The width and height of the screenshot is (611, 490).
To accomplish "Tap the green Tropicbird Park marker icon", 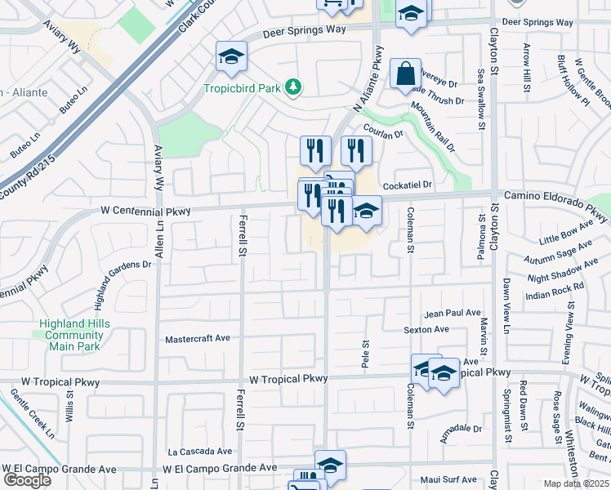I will pos(293,87).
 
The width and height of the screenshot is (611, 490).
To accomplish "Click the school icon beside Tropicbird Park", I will pos(232,57).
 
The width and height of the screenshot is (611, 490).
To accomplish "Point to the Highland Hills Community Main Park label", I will pos(74,335).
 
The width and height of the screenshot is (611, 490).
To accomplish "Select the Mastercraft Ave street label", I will pos(198,338).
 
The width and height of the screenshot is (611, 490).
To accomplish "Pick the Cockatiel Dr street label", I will pos(407,185).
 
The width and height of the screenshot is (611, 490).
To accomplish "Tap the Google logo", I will pos(28,479).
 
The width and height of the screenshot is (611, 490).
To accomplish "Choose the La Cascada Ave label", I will pos(200,451).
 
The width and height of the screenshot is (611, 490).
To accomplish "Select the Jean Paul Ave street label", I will pos(453,313).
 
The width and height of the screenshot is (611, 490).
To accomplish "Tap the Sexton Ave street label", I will pos(427,330).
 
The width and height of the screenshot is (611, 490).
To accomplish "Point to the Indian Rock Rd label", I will pos(555,288).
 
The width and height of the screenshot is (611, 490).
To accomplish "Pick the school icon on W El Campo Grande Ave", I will pos(330,465).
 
